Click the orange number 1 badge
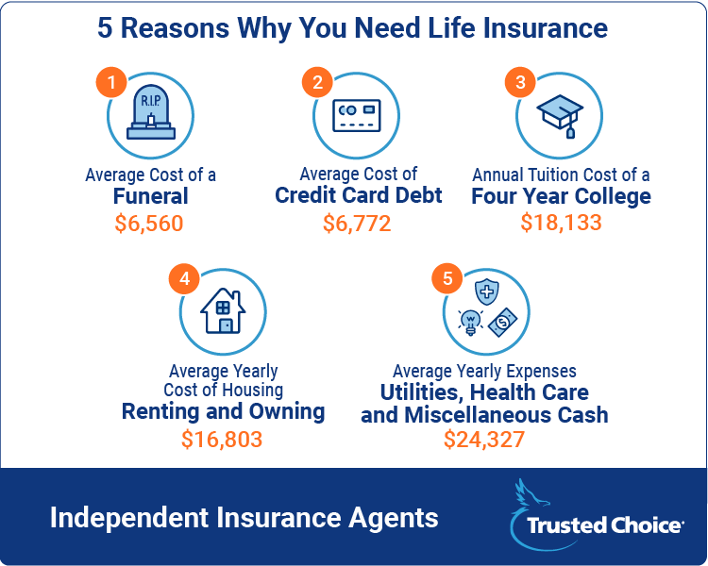pos(111,82)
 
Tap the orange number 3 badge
pos(520,82)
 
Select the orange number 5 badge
pos(447,278)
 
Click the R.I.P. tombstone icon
pos(151,112)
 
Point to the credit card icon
pos(357,115)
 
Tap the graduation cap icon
pos(560,115)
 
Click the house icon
pos(223,311)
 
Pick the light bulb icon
pos(470,323)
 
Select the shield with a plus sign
pos(487,291)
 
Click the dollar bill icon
pos(502,323)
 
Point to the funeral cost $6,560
pos(149,224)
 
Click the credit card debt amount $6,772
pos(357,224)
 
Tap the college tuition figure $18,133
pos(562,223)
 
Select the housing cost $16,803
pos(222,440)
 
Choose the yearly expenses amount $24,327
pos(484,440)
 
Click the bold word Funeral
pos(150,196)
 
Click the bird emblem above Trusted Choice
pos(532,496)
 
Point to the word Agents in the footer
pos(393,518)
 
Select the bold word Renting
pos(160,411)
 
